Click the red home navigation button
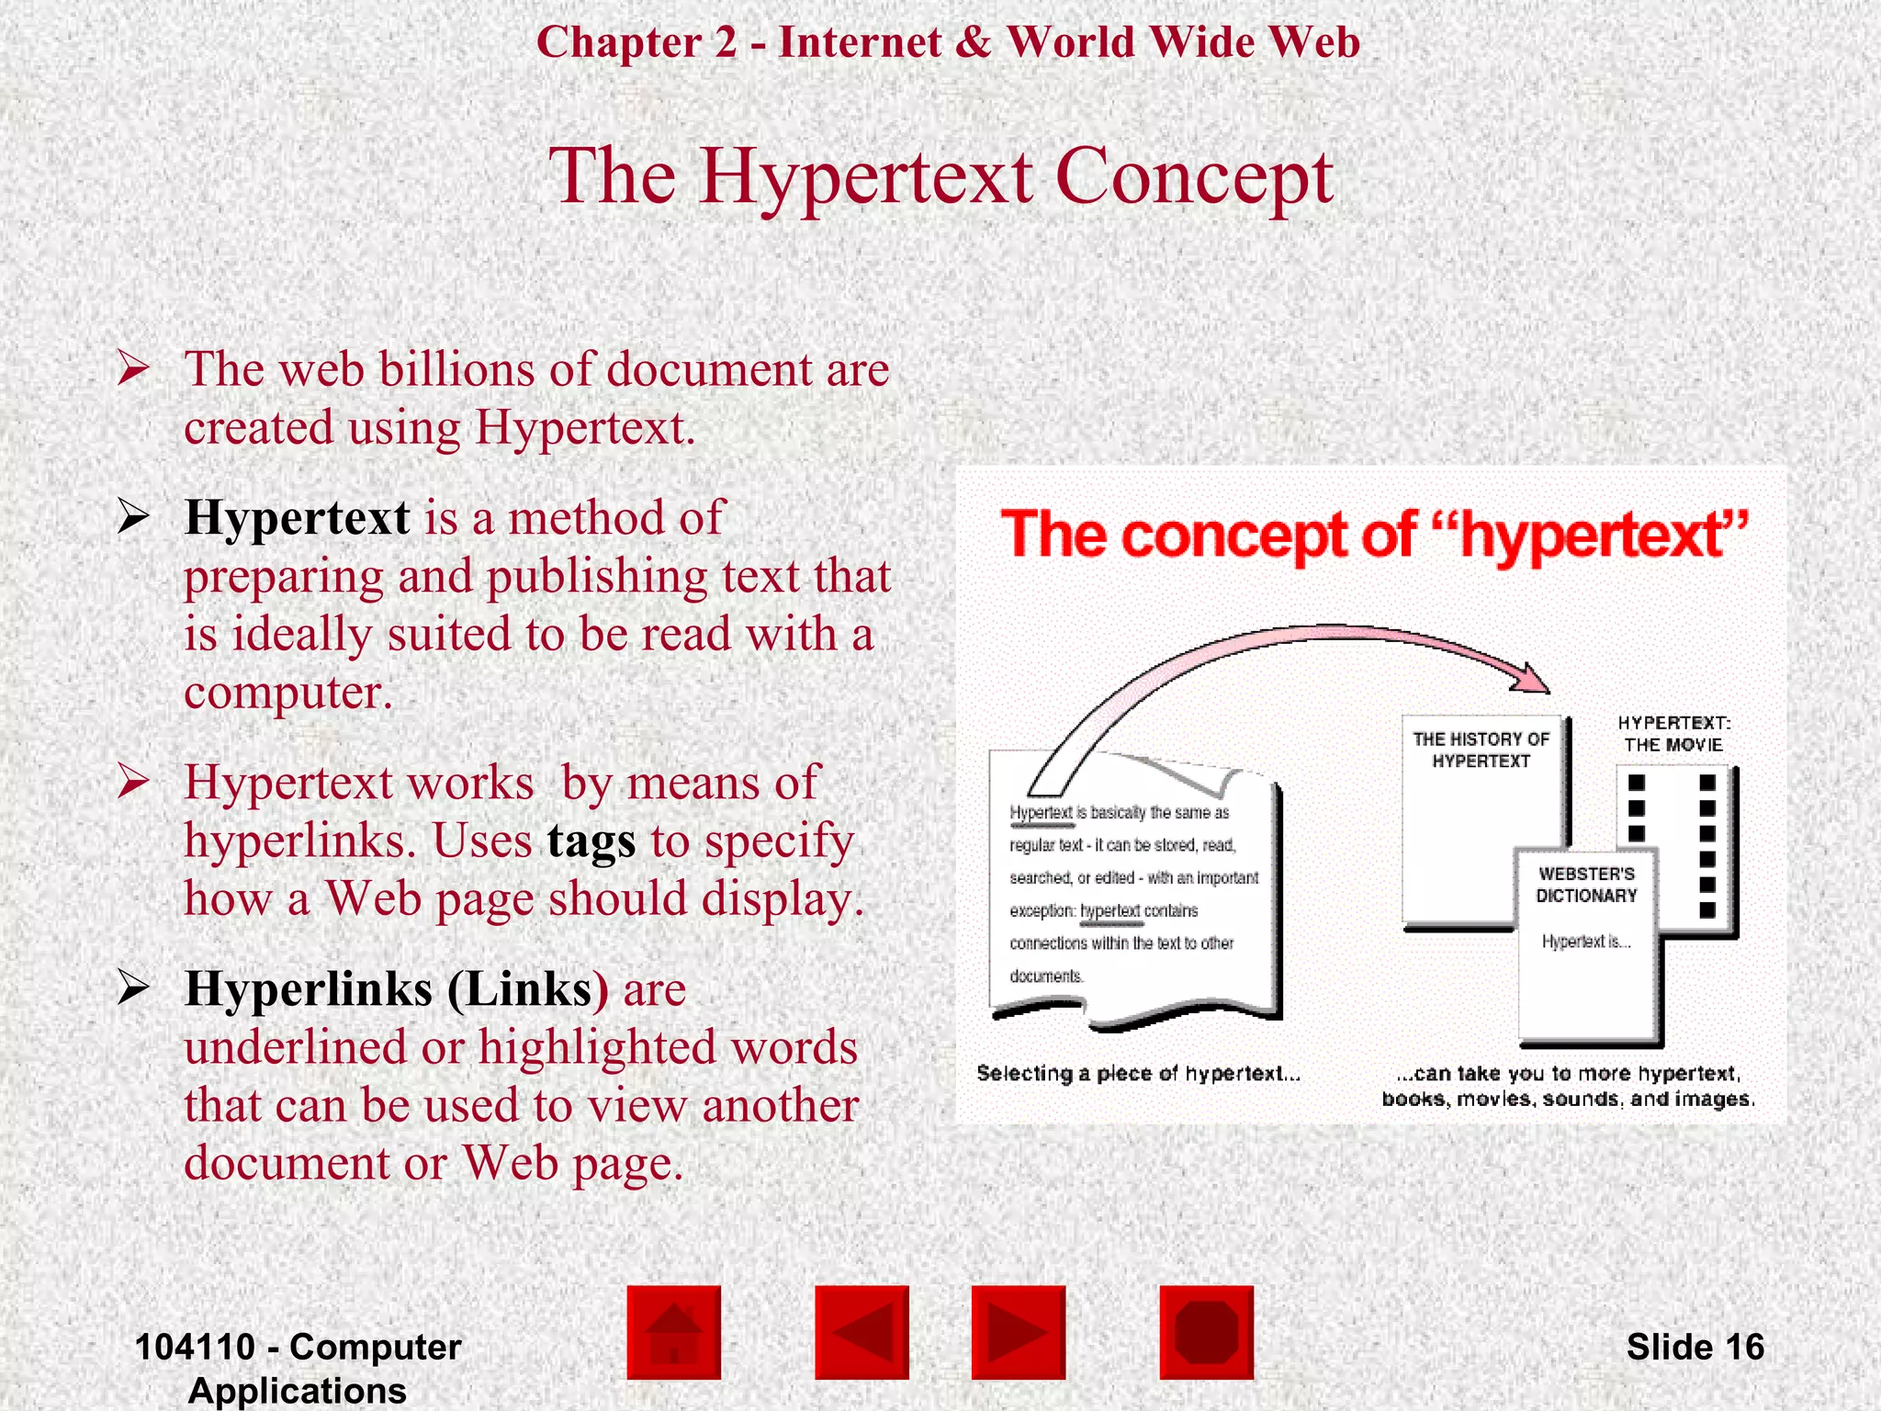[673, 1332]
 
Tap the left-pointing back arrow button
[862, 1332]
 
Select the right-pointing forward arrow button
[1018, 1332]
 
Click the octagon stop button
[1206, 1332]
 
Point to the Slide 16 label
[1695, 1347]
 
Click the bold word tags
[591, 841]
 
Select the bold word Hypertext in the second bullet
[297, 517]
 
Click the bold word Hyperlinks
[309, 989]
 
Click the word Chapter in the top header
[619, 42]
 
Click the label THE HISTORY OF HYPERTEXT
[1481, 750]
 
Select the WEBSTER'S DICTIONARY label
[1586, 885]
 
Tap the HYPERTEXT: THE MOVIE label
[1673, 734]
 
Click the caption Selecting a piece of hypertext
[1137, 1073]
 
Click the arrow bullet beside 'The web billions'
[133, 369]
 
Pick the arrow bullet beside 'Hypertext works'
[133, 782]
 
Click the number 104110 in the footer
[195, 1347]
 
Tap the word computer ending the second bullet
[287, 693]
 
